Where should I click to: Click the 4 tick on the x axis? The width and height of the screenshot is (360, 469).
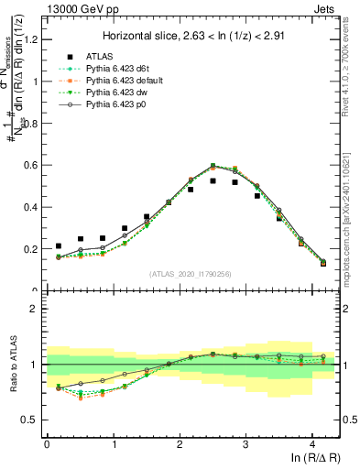click(x=312, y=443)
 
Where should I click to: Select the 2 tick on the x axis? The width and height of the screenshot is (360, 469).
click(x=180, y=443)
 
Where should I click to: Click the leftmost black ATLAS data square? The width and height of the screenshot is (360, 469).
click(x=59, y=245)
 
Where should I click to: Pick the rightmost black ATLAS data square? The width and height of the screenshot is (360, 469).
click(x=323, y=264)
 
